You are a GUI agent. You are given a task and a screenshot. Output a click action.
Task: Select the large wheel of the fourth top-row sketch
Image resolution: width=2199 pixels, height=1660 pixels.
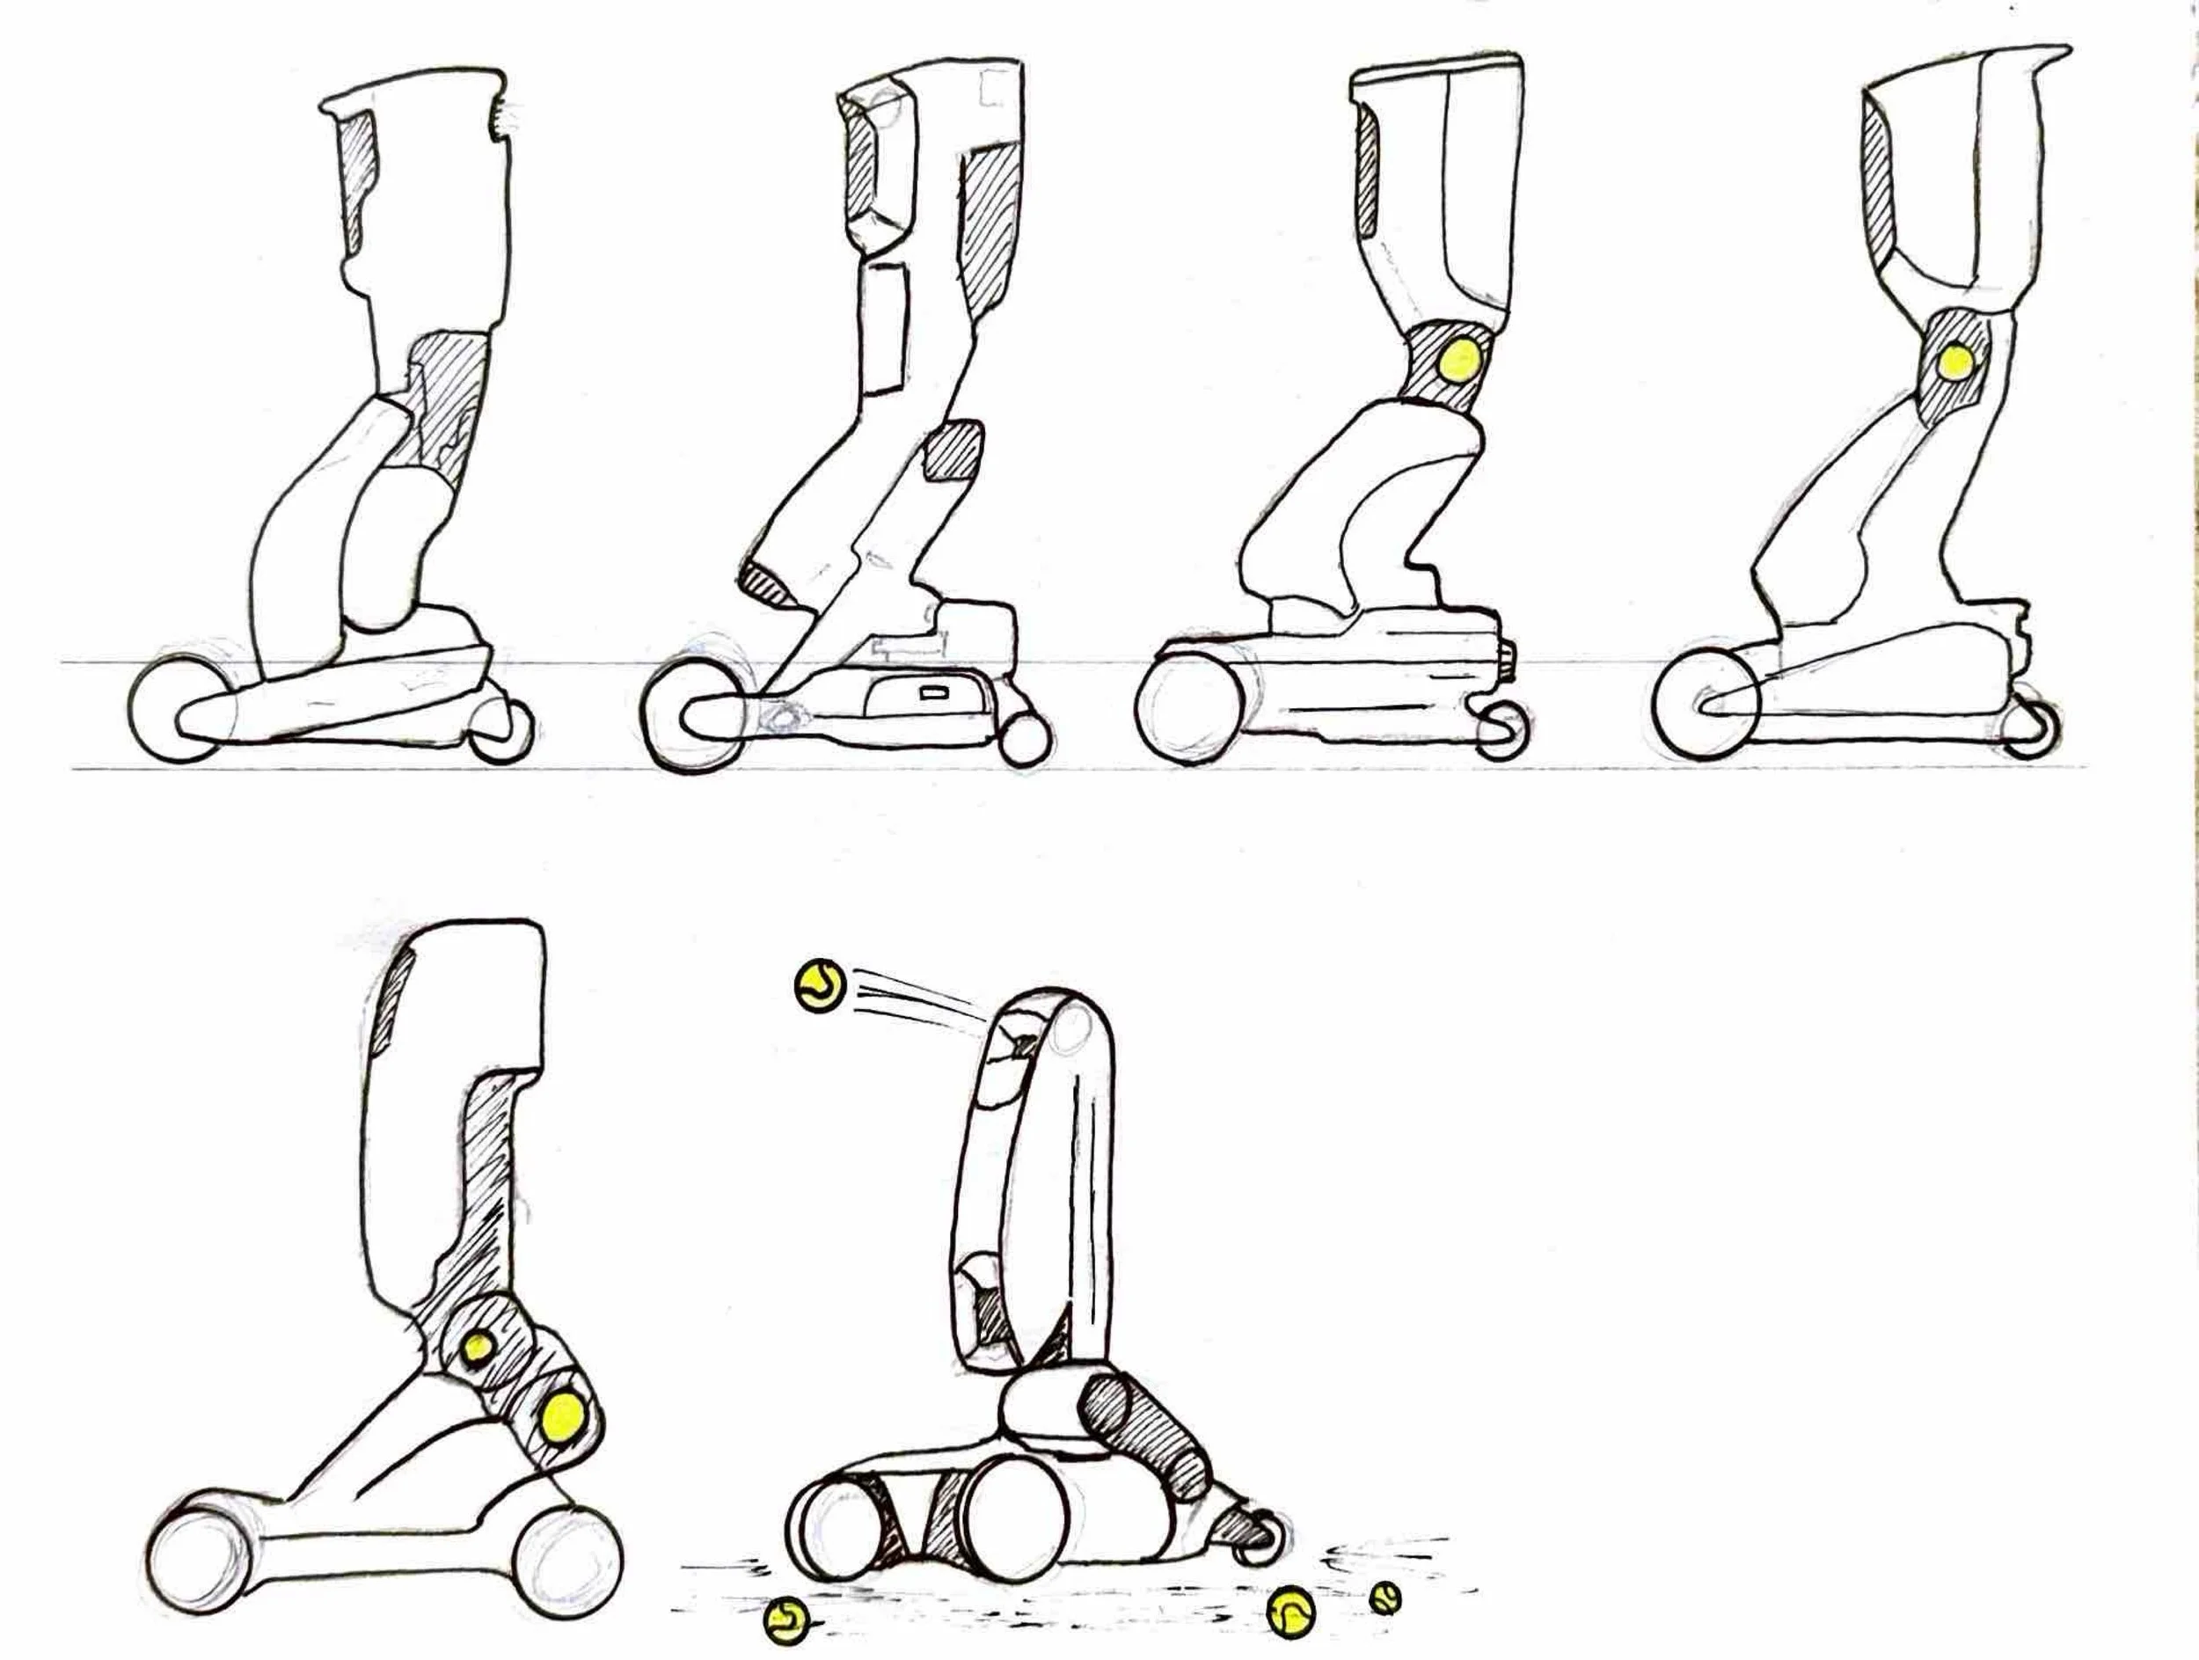1706,705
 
